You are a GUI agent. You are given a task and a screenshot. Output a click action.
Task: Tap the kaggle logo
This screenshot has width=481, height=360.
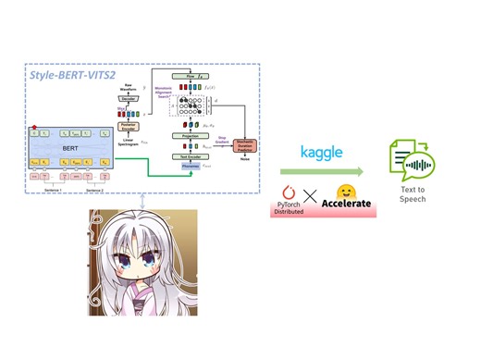point(321,150)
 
